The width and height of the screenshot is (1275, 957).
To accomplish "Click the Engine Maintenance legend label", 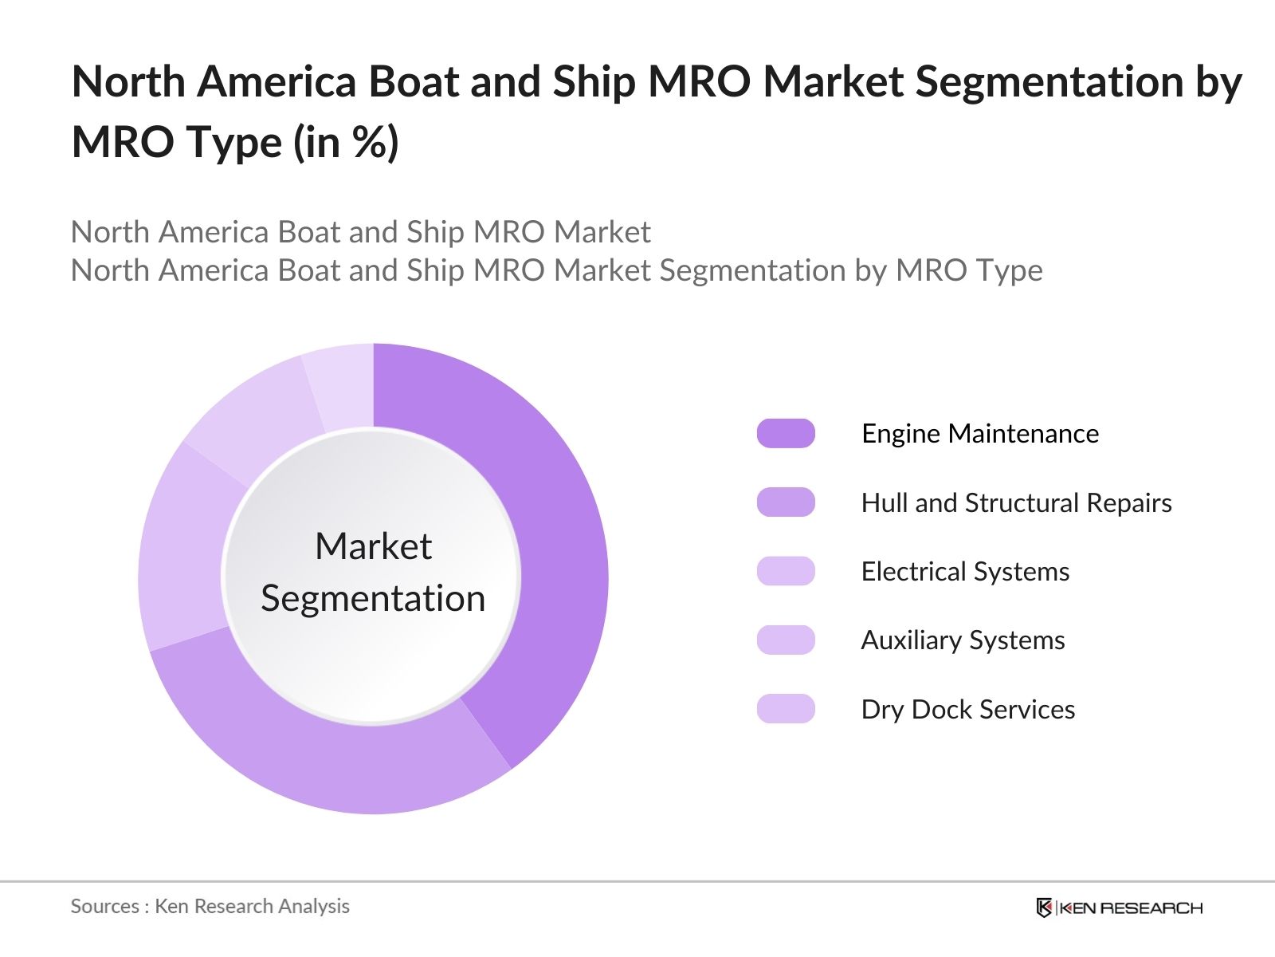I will (979, 434).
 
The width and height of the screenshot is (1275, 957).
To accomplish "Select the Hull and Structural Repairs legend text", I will (1016, 503).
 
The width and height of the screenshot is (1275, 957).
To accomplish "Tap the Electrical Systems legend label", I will (965, 572).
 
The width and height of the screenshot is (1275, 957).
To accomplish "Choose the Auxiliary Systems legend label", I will (963, 640).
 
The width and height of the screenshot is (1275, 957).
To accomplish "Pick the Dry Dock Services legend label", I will (967, 710).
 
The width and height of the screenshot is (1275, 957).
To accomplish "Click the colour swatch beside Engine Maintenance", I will (786, 434).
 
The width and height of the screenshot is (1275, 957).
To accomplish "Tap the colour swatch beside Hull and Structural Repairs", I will (786, 503).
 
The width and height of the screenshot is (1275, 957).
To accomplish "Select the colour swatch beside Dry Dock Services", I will (786, 709).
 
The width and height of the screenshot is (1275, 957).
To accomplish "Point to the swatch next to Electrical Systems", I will (786, 572).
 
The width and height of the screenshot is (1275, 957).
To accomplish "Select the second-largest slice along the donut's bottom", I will (319, 750).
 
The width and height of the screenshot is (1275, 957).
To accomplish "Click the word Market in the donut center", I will (373, 547).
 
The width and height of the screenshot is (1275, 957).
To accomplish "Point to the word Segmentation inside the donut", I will (373, 599).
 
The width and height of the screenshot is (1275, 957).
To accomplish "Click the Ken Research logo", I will (1119, 908).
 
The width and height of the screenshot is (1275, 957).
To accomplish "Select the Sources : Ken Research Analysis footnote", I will (210, 907).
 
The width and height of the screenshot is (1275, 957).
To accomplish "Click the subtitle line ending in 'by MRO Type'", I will (556, 271).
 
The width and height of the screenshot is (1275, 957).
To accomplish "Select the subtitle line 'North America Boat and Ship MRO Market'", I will (360, 232).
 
